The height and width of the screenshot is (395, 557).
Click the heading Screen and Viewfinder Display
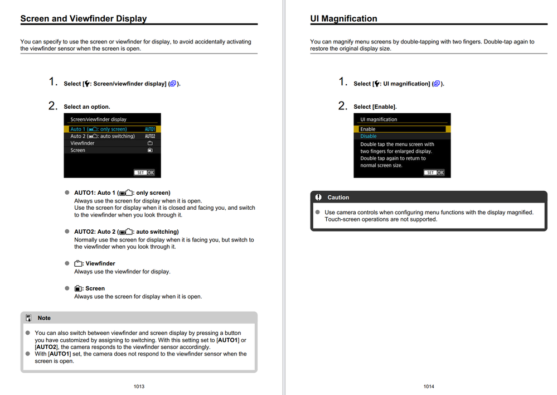[x=84, y=18]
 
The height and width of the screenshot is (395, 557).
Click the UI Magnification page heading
[x=343, y=18]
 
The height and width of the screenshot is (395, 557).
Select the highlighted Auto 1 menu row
[x=112, y=129]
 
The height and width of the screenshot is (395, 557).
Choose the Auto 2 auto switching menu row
[x=112, y=136]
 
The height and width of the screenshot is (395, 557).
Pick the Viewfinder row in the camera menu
[x=112, y=143]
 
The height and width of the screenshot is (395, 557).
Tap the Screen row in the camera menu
[x=112, y=150]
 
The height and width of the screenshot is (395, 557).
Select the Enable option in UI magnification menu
[x=401, y=129]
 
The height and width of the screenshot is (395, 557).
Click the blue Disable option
[x=369, y=136]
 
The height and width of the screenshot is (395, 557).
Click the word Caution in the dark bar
[x=338, y=197]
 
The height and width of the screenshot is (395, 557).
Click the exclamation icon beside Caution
[x=318, y=197]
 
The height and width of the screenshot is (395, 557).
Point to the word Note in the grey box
[x=44, y=318]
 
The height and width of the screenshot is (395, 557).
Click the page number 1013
[x=139, y=386]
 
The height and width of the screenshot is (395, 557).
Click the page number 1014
[x=429, y=386]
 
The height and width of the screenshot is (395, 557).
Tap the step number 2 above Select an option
[x=53, y=105]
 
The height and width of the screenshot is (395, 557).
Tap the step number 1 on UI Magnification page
[x=343, y=82]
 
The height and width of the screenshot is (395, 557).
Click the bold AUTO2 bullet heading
[x=126, y=232]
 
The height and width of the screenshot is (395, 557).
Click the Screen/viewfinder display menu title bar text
[x=98, y=119]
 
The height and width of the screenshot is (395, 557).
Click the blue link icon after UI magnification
[x=437, y=84]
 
